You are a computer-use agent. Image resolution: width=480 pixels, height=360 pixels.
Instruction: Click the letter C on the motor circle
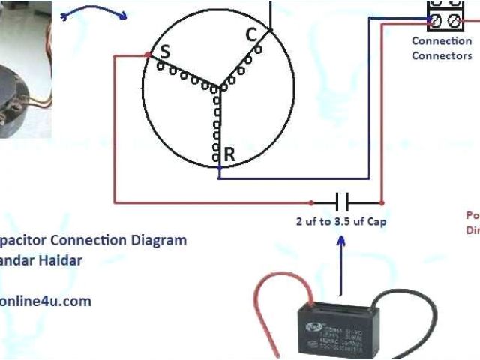(251, 34)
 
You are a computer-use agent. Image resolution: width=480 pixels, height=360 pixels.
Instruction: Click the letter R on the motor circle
(229, 154)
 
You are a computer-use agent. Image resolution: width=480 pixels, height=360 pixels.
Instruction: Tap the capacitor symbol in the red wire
(343, 202)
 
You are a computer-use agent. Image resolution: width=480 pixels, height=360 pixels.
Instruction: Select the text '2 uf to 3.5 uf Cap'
(342, 222)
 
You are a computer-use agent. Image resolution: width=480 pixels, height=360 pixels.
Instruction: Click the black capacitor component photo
(336, 322)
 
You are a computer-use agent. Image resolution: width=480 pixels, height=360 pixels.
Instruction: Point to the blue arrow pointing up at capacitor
(341, 262)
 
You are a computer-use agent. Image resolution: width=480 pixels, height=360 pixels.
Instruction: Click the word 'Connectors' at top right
(442, 55)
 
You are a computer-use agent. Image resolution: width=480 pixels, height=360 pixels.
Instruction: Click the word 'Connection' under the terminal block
(442, 41)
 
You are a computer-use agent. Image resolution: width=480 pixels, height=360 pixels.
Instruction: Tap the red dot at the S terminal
(146, 55)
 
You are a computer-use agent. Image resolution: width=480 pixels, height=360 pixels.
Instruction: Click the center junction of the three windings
(218, 85)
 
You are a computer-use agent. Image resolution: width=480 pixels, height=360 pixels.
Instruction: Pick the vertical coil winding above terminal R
(218, 120)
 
